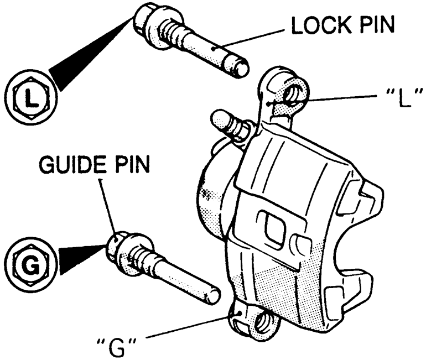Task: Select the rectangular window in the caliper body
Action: (273, 225)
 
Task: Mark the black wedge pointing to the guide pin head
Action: (80, 259)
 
